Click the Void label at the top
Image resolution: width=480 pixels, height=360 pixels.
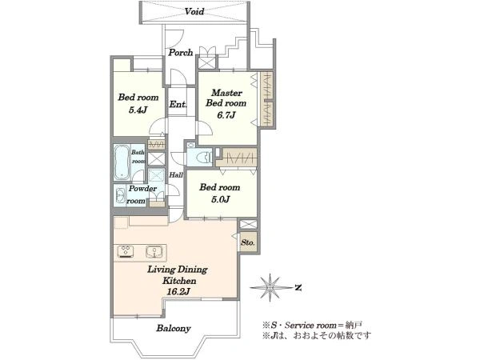click(x=194, y=12)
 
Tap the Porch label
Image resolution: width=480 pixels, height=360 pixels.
click(x=181, y=52)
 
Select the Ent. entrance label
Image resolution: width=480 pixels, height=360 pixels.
click(x=178, y=104)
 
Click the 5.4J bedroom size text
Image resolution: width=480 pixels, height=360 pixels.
click(x=138, y=110)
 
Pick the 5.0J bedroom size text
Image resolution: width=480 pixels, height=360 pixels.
click(x=221, y=199)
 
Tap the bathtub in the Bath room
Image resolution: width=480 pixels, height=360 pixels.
click(x=122, y=162)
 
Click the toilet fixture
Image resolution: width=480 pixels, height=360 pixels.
click(x=204, y=158)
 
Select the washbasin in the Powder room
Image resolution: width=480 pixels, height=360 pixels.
click(x=120, y=194)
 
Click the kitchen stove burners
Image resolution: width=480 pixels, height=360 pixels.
click(x=126, y=251)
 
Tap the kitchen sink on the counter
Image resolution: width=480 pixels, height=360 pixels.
click(x=154, y=251)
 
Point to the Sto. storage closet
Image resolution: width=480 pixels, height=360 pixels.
click(x=248, y=242)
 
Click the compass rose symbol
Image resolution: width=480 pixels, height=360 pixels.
click(x=270, y=287)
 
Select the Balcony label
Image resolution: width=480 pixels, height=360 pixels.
click(x=174, y=329)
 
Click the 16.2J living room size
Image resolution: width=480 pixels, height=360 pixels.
click(x=178, y=291)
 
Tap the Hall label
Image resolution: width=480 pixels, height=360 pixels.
click(x=176, y=174)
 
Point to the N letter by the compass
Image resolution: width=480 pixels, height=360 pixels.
click(x=298, y=288)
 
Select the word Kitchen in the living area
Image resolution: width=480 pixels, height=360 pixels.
click(x=179, y=281)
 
